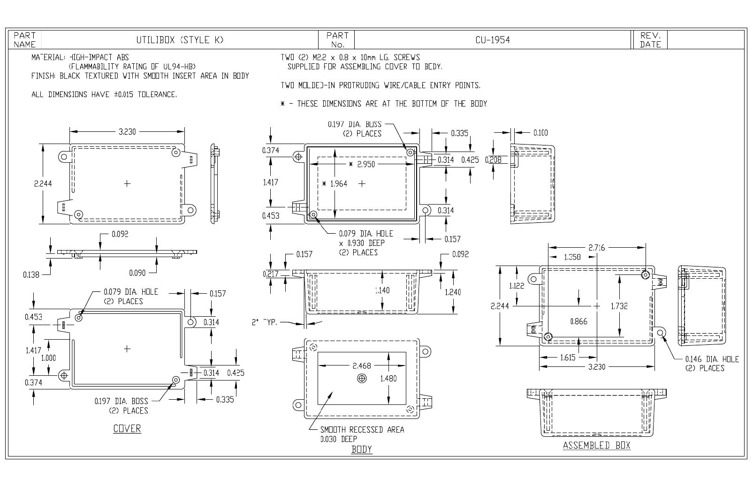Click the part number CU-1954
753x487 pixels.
493,40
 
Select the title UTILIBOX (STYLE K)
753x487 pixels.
180,40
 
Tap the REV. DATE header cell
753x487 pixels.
650,40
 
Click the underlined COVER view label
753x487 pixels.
127,428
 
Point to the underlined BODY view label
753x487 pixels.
362,449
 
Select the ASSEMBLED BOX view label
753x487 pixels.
597,445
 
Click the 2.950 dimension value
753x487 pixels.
366,164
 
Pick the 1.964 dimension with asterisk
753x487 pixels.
335,184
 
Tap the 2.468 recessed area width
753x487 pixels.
362,365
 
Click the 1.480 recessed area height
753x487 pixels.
388,379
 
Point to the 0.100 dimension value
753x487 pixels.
540,133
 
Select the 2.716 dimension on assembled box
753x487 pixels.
597,248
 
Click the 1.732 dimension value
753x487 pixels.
619,306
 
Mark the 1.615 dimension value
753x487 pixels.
568,358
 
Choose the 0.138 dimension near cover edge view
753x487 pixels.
31,275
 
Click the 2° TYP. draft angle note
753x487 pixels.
264,322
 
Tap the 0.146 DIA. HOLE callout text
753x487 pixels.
712,359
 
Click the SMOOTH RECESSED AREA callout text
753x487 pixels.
362,430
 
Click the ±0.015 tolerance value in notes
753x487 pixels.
124,94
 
